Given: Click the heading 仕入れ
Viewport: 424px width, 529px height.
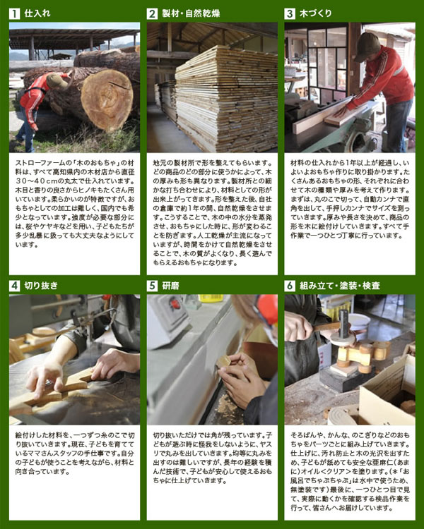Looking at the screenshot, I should click(37, 13).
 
